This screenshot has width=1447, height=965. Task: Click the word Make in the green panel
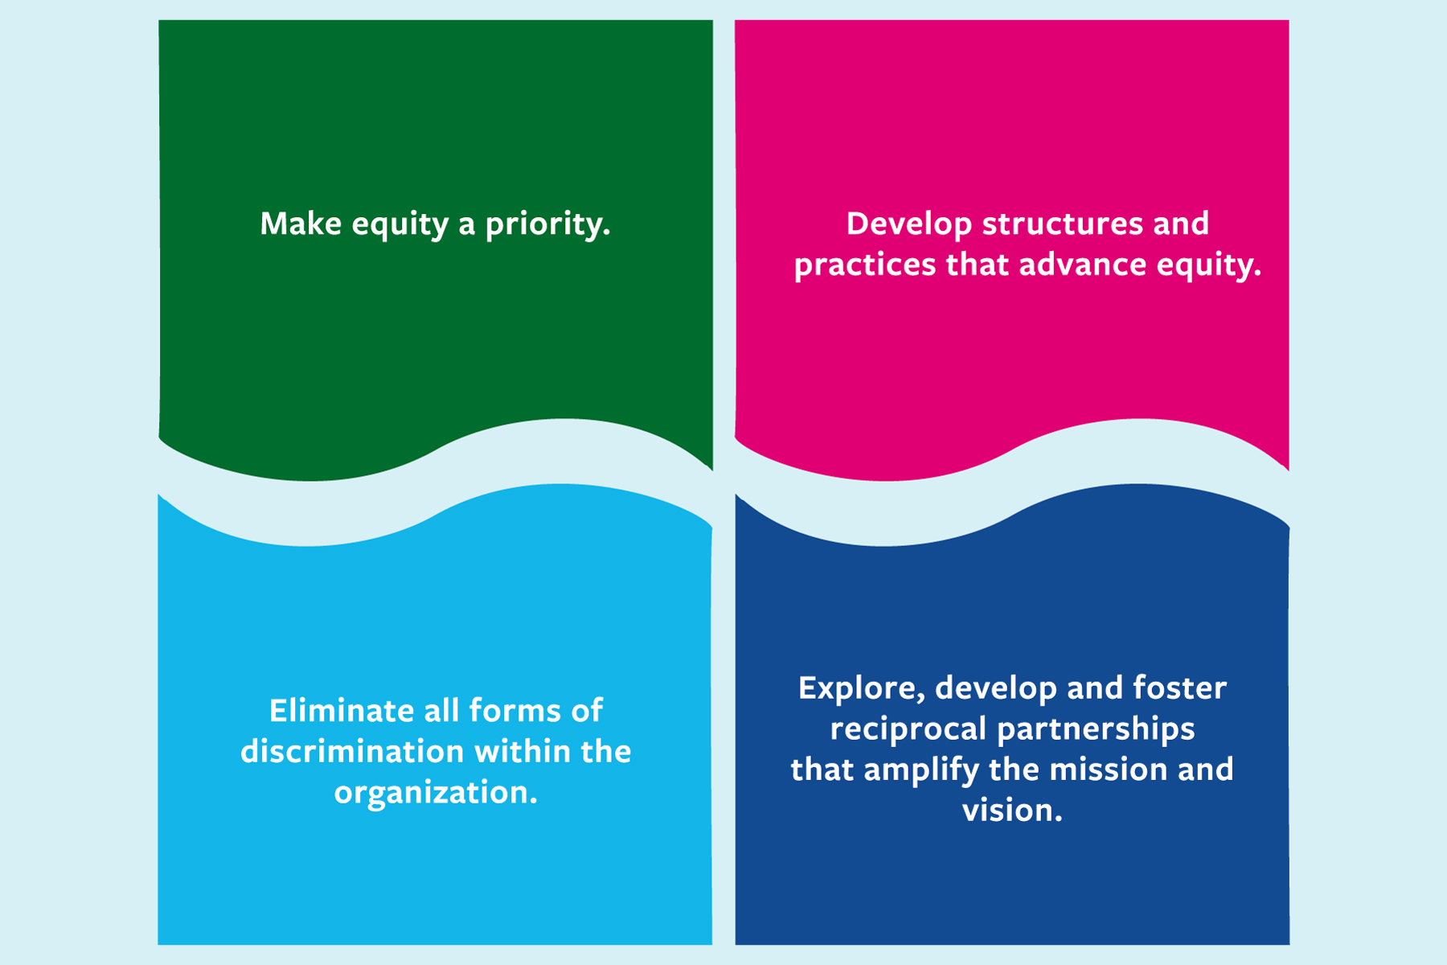click(x=301, y=224)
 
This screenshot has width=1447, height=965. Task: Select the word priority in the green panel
click(x=547, y=225)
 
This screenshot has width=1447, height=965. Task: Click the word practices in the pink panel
click(x=865, y=266)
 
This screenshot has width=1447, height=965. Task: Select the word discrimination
click(x=352, y=752)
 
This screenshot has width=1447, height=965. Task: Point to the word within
click(x=522, y=752)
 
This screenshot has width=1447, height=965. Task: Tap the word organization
click(x=436, y=794)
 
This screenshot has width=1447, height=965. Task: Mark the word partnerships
click(x=1097, y=730)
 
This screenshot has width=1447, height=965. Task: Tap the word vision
click(x=1012, y=811)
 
